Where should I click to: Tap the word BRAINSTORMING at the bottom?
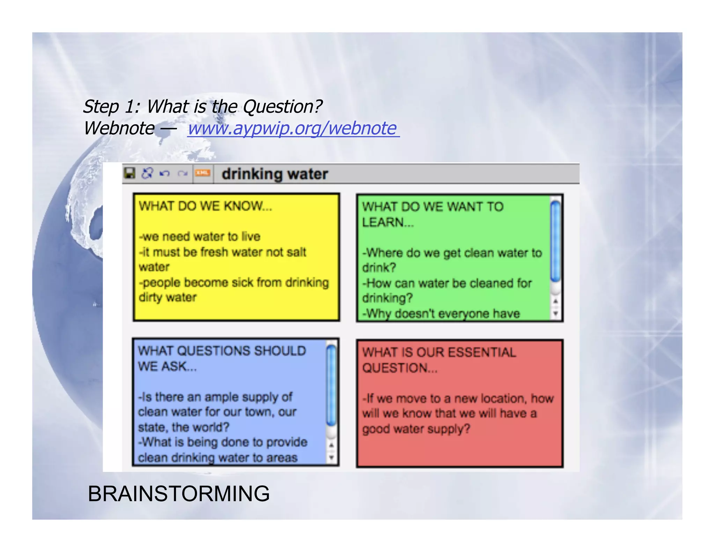click(x=178, y=494)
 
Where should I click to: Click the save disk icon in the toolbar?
click(x=130, y=173)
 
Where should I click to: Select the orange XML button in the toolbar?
click(x=202, y=173)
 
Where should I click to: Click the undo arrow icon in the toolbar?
click(x=165, y=173)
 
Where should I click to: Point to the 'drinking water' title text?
click(x=275, y=174)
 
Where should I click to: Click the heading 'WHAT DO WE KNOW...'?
click(x=205, y=206)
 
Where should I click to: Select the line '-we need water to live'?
click(x=200, y=237)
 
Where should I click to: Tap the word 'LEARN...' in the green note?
click(x=388, y=222)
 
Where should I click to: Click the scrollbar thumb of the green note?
click(x=555, y=241)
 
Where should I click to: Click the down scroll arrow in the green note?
click(x=555, y=314)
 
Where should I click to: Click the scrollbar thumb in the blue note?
click(x=331, y=384)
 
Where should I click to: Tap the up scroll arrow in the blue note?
click(x=331, y=445)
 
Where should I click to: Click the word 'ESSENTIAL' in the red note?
click(x=482, y=352)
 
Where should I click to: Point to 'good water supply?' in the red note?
click(x=416, y=429)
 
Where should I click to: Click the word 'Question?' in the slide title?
click(x=282, y=106)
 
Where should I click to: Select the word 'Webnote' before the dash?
click(x=119, y=128)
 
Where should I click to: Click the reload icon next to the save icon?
click(x=147, y=173)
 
